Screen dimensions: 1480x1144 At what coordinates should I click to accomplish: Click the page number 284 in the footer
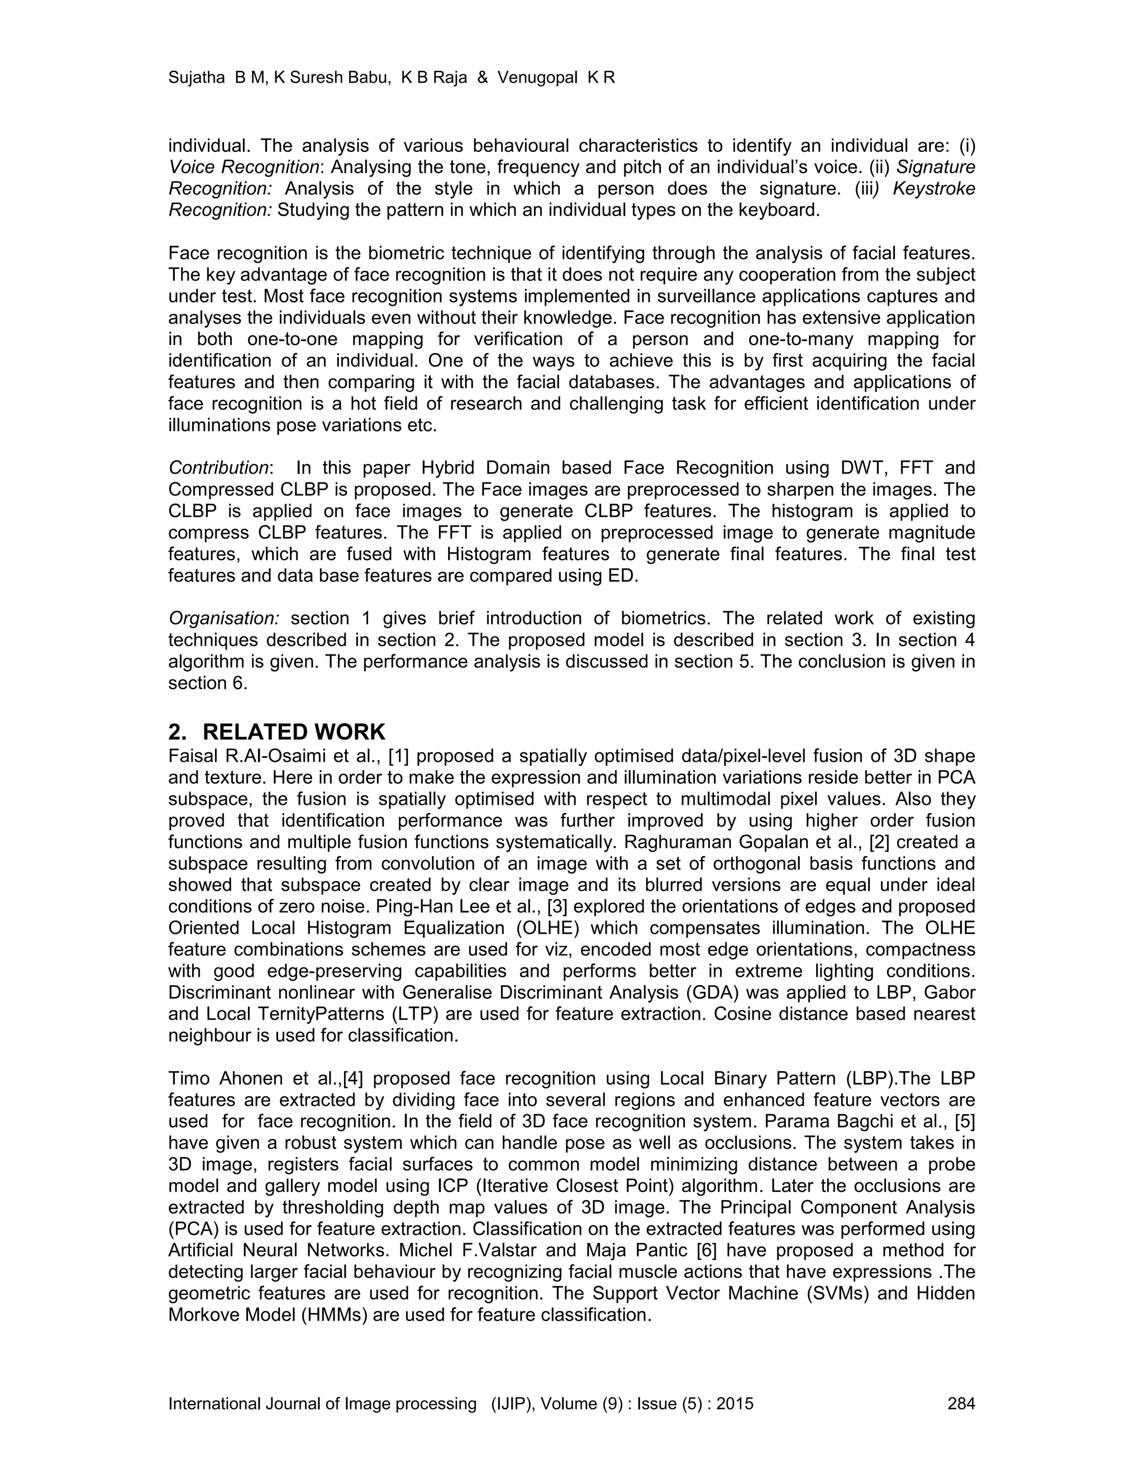click(960, 1403)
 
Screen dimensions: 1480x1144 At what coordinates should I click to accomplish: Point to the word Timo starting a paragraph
click(188, 1078)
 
